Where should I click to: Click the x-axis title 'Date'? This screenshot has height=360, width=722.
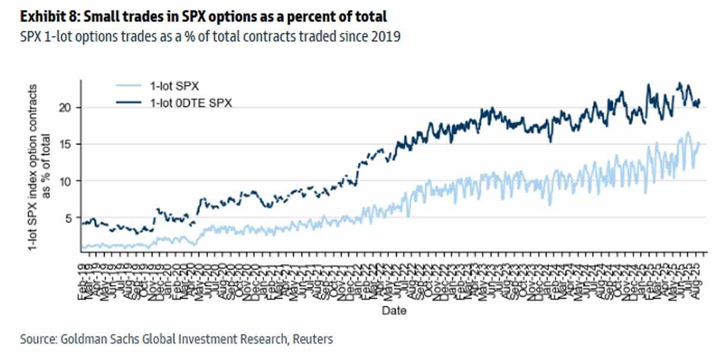394,310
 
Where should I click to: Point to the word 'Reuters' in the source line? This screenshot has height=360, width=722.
313,339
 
